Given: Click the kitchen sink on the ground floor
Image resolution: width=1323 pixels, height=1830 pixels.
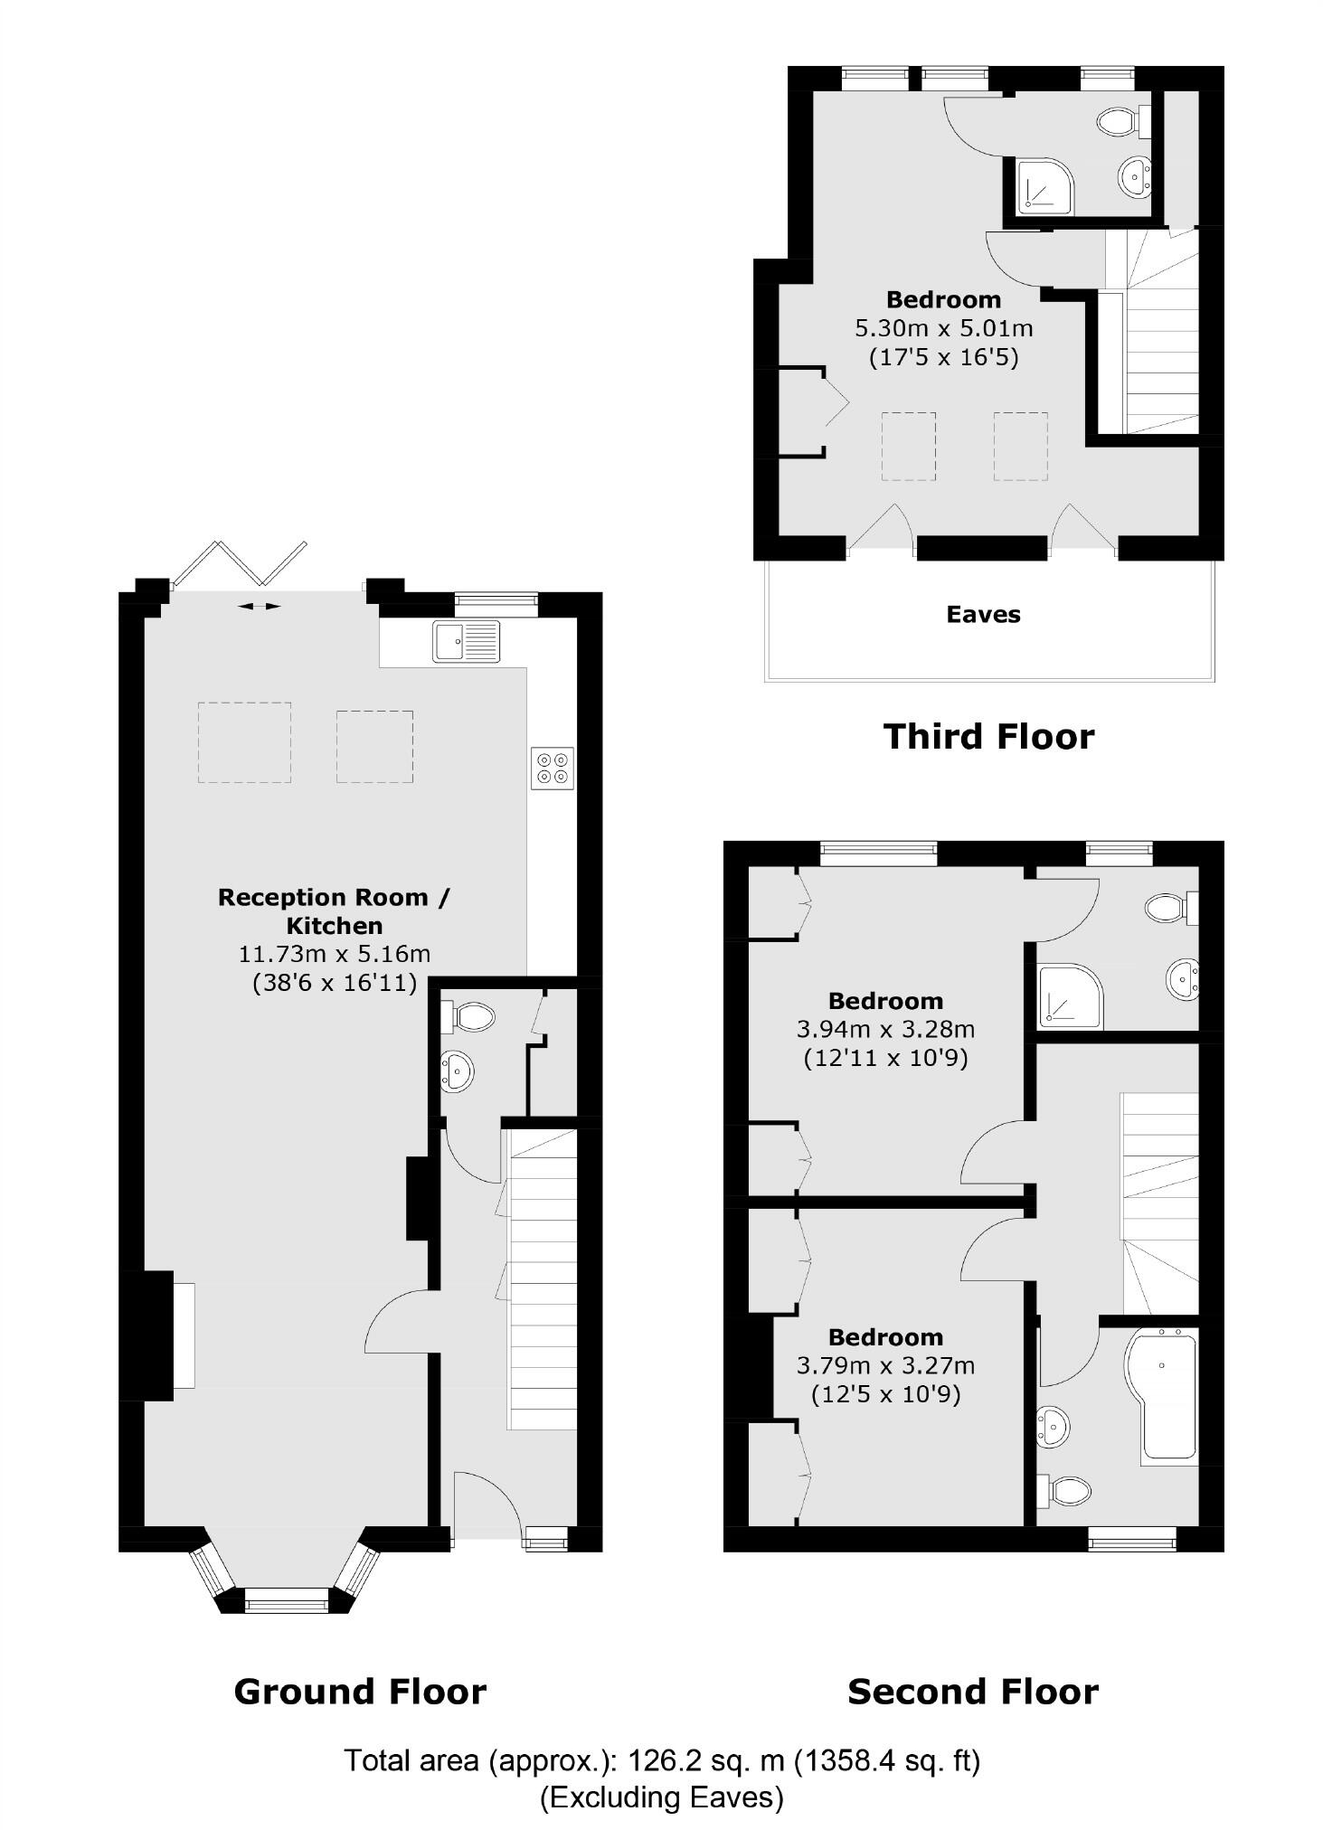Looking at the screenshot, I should click(x=466, y=641).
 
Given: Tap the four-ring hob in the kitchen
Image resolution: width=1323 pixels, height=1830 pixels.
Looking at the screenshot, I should click(x=553, y=768).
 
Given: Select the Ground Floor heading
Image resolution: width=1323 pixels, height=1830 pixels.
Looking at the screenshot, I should click(x=360, y=1690).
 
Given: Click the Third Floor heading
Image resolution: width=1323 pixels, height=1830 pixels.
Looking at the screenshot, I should click(x=988, y=736).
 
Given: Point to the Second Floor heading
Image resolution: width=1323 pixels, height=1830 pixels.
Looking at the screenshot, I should click(x=972, y=1690).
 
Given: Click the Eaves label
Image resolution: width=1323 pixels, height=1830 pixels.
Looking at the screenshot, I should click(x=983, y=615).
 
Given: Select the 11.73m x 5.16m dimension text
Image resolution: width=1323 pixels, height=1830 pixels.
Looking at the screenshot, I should click(x=334, y=954).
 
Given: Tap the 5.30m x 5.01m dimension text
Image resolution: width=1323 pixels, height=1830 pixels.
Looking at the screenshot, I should click(x=943, y=327).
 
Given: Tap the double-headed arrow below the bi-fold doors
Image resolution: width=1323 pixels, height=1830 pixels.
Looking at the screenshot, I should click(x=260, y=606).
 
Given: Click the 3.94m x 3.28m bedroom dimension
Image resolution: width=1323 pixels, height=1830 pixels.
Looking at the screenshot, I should click(x=885, y=1029).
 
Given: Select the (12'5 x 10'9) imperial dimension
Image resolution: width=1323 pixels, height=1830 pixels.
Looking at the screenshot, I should click(x=885, y=1393).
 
